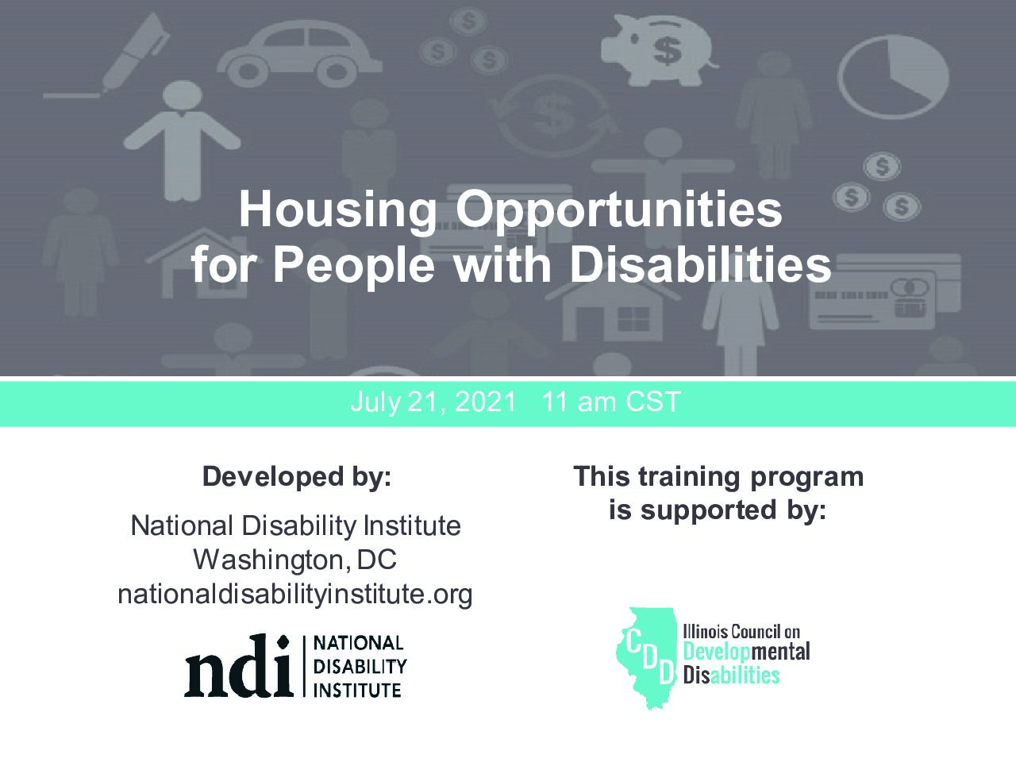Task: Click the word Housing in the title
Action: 337,211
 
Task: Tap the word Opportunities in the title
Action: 618,211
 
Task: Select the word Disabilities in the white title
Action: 700,265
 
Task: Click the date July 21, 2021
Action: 433,401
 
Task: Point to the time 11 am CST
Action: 611,401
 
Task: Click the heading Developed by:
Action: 297,476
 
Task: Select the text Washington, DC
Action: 294,560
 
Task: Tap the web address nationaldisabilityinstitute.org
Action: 295,595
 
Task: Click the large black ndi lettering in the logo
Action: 238,666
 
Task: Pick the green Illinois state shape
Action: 645,658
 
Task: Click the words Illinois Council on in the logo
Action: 741,632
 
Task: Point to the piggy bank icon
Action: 659,49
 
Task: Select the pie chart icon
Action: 893,77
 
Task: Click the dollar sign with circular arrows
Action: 553,116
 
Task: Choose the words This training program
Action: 718,476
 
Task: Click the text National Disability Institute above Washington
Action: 296,525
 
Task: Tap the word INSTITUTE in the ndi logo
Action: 357,691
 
